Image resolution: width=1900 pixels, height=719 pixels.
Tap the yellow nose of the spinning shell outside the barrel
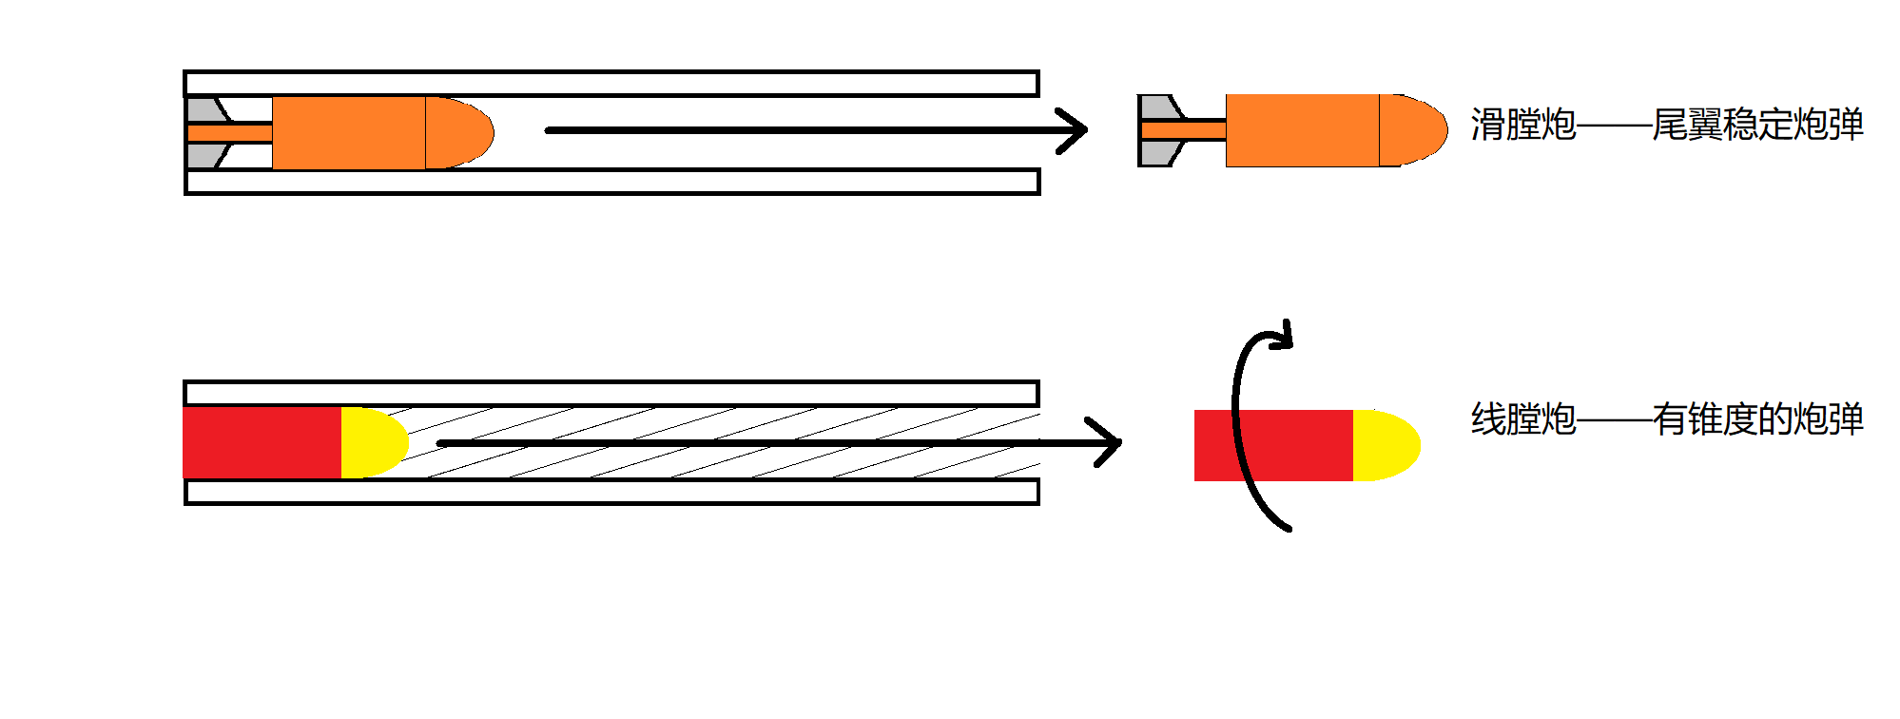point(1385,445)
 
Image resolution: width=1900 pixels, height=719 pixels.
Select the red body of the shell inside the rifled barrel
point(262,442)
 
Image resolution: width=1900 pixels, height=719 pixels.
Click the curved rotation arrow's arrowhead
point(1284,335)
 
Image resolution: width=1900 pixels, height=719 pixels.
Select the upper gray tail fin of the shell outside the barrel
point(1156,107)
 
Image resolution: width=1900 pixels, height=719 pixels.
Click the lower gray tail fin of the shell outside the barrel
point(1156,153)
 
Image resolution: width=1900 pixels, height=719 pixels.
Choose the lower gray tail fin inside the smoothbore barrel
point(204,156)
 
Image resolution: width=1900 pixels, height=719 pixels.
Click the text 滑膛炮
point(1522,125)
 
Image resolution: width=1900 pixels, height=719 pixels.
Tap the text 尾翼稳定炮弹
point(1757,125)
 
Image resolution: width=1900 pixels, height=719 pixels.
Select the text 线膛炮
point(1522,419)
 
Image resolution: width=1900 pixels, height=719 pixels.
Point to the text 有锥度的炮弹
point(1757,419)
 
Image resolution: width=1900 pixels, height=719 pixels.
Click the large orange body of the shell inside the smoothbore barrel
point(348,132)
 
